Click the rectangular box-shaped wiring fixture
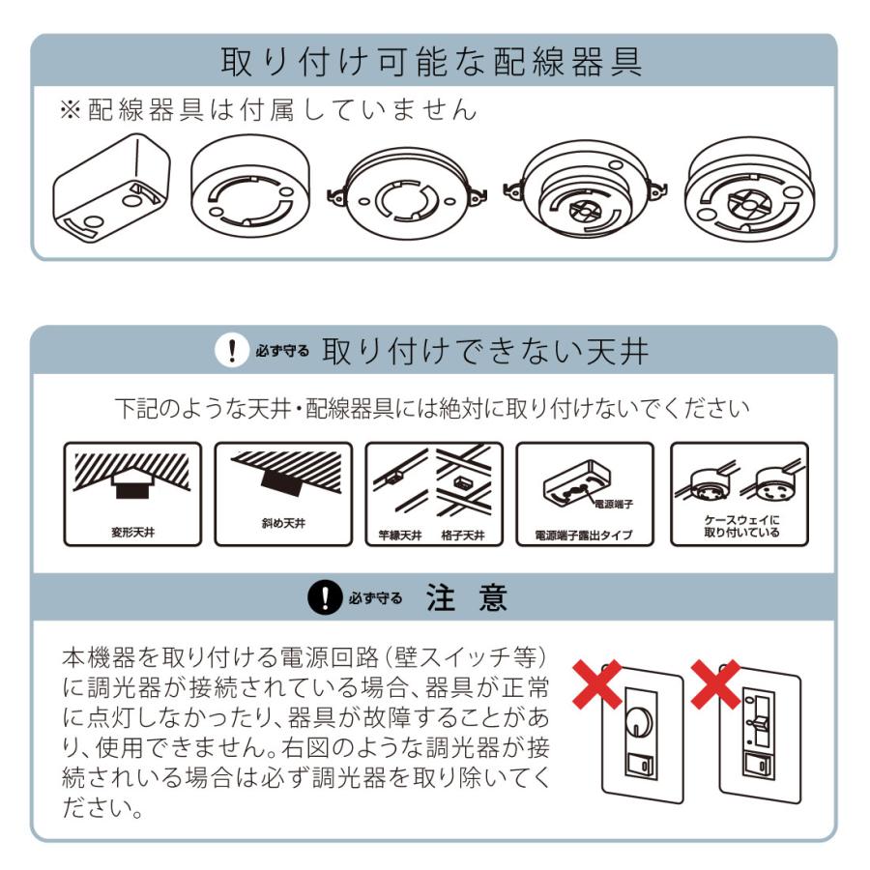coord(112,189)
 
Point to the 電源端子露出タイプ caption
coord(584,534)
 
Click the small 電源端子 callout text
coord(615,504)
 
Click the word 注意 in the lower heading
coord(467,599)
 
